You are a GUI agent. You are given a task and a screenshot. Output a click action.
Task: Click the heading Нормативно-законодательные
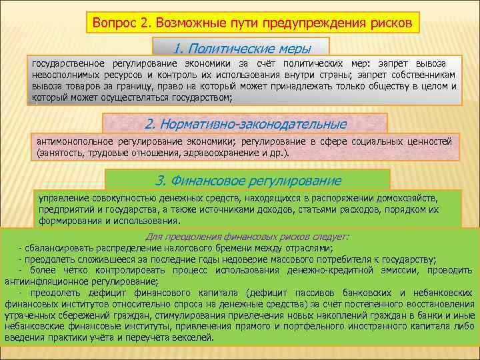246,124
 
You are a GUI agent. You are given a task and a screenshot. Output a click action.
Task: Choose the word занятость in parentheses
59,153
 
